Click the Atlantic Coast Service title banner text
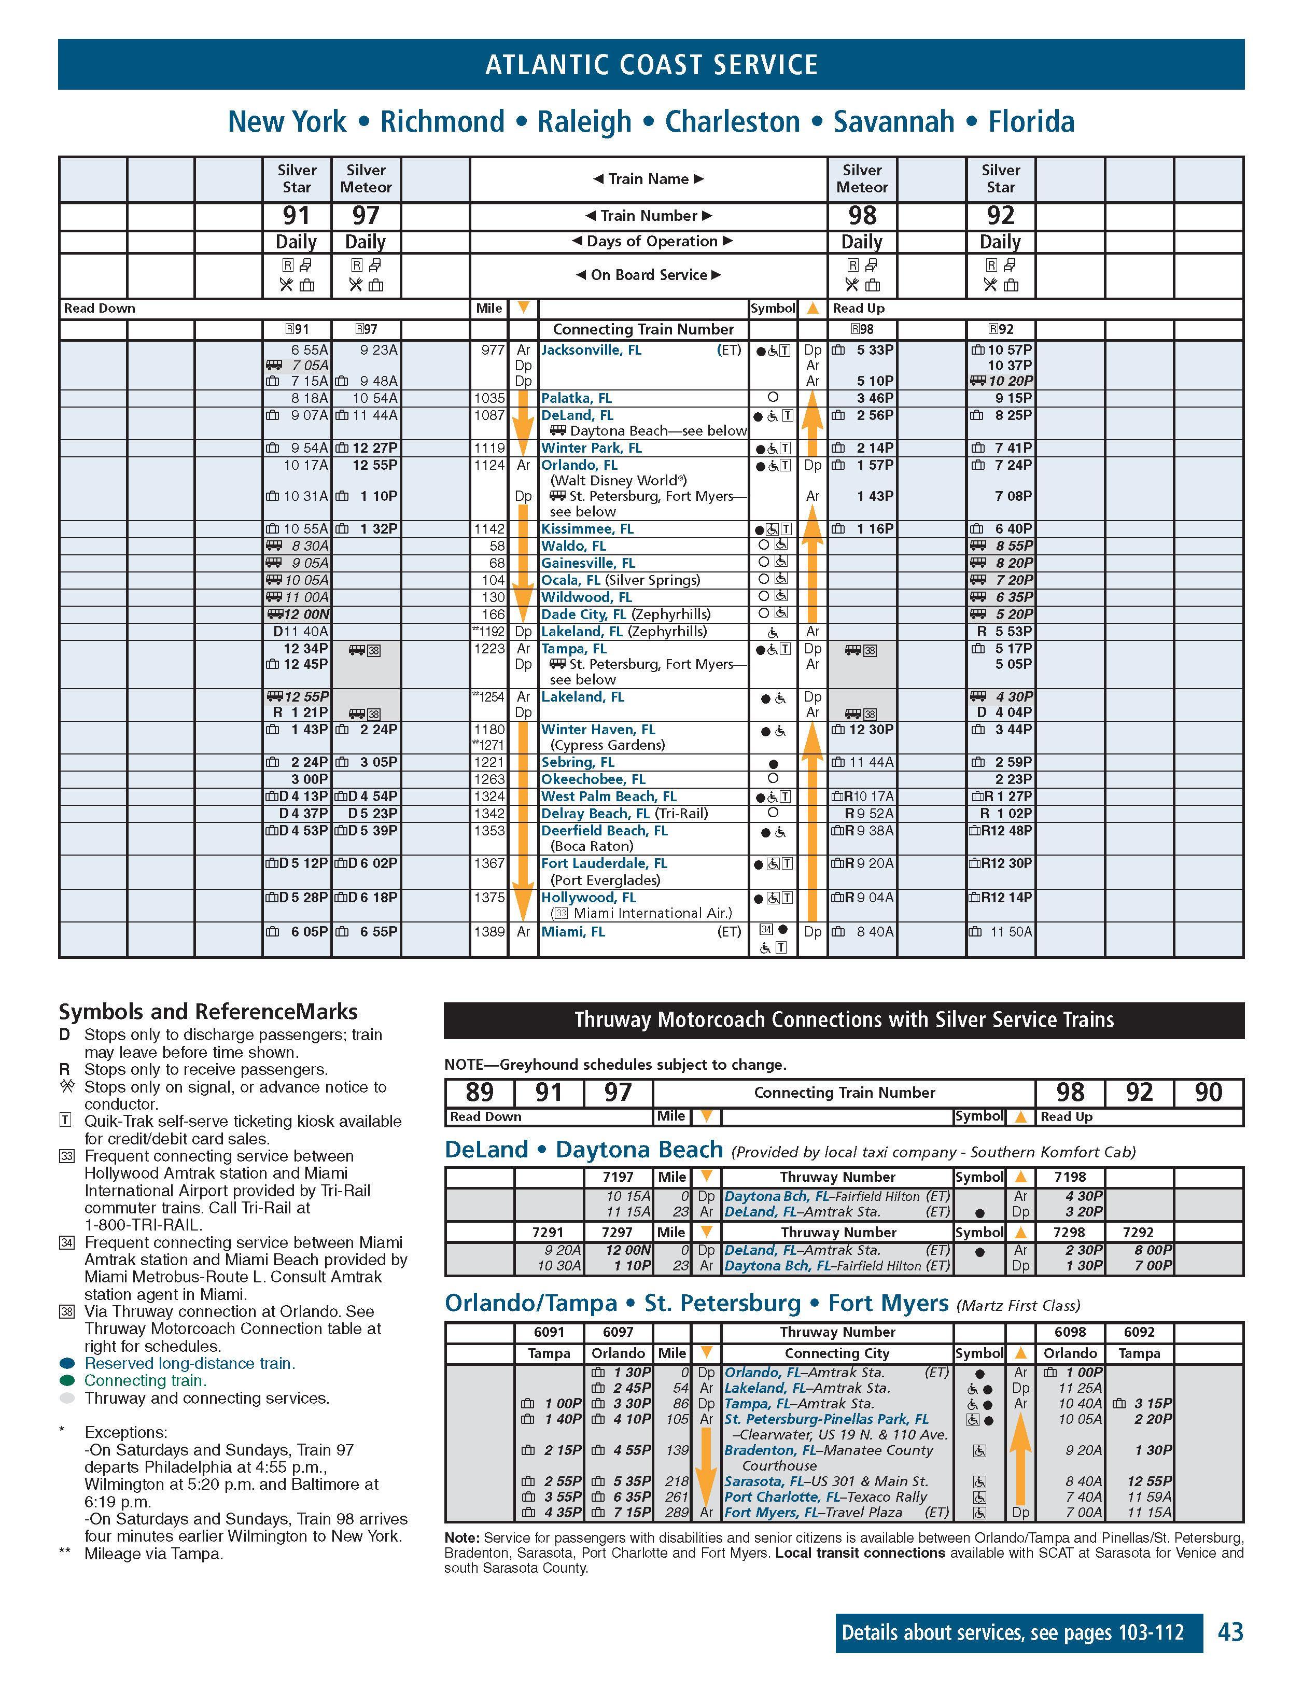tap(651, 64)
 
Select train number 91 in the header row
tap(296, 215)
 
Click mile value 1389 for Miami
tap(489, 931)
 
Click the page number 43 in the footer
tap(1231, 1632)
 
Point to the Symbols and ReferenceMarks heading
tap(207, 1012)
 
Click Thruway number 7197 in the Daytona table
tap(618, 1177)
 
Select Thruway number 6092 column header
tap(1138, 1332)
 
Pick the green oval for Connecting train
tap(67, 1380)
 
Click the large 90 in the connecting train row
tap(1208, 1093)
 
